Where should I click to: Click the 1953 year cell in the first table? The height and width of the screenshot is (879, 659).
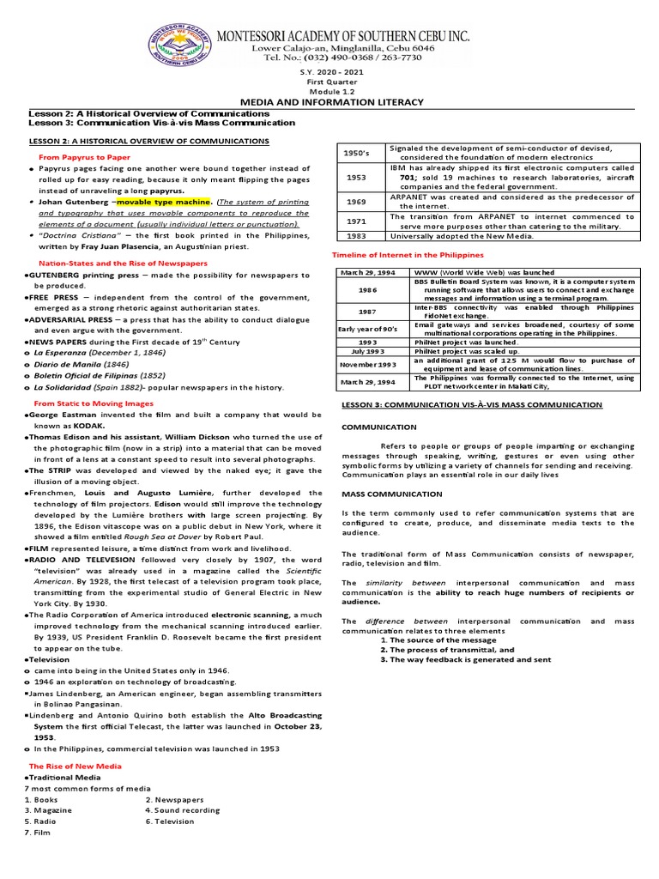pos(355,177)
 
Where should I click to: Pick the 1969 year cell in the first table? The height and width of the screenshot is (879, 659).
pos(355,202)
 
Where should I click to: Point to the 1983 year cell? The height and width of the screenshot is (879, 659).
pos(355,235)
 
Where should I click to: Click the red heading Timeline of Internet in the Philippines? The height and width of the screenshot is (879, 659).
pos(408,256)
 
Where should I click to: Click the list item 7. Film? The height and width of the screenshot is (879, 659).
pos(39,833)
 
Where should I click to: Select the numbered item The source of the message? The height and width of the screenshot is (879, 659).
pos(432,640)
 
